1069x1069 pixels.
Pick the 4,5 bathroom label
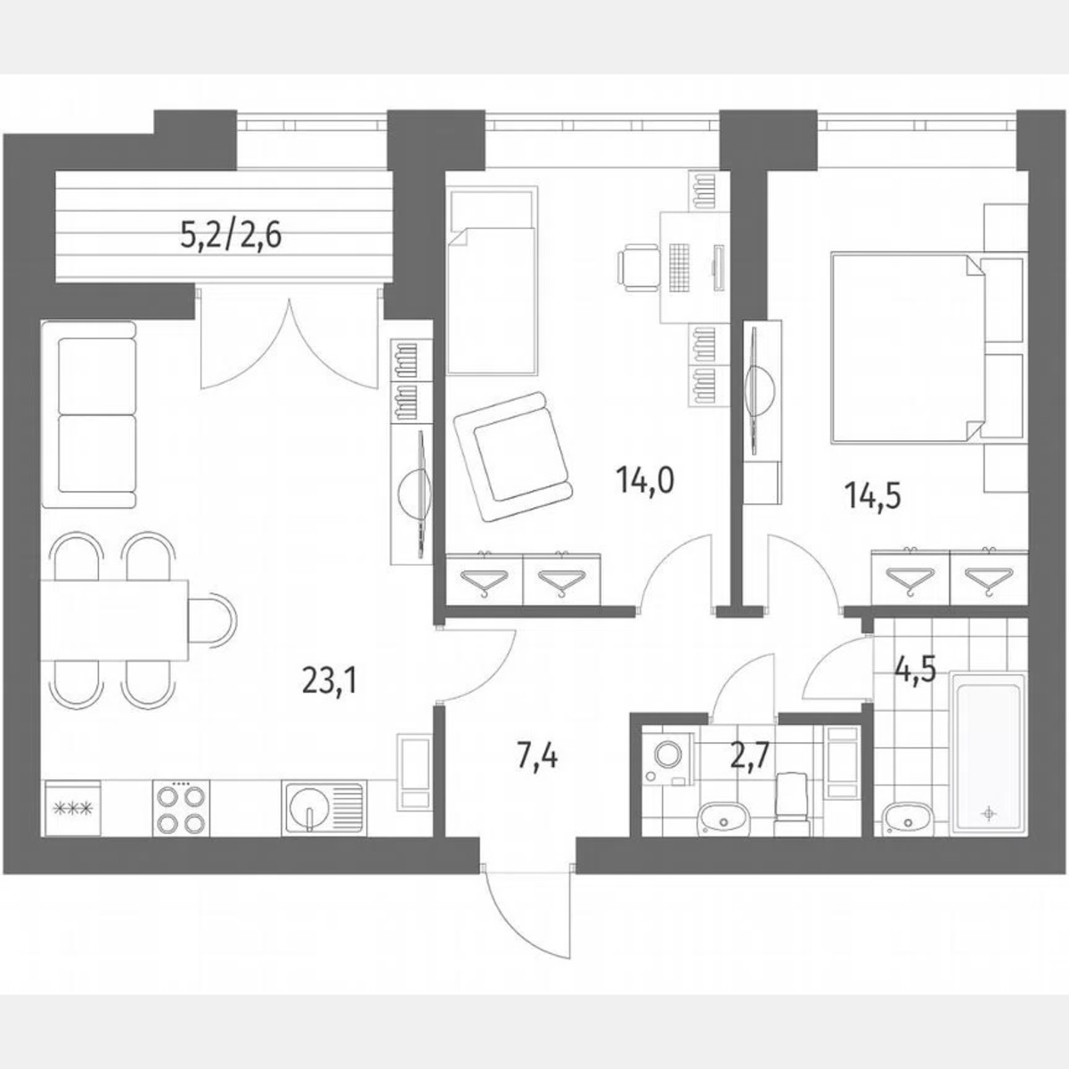point(915,667)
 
